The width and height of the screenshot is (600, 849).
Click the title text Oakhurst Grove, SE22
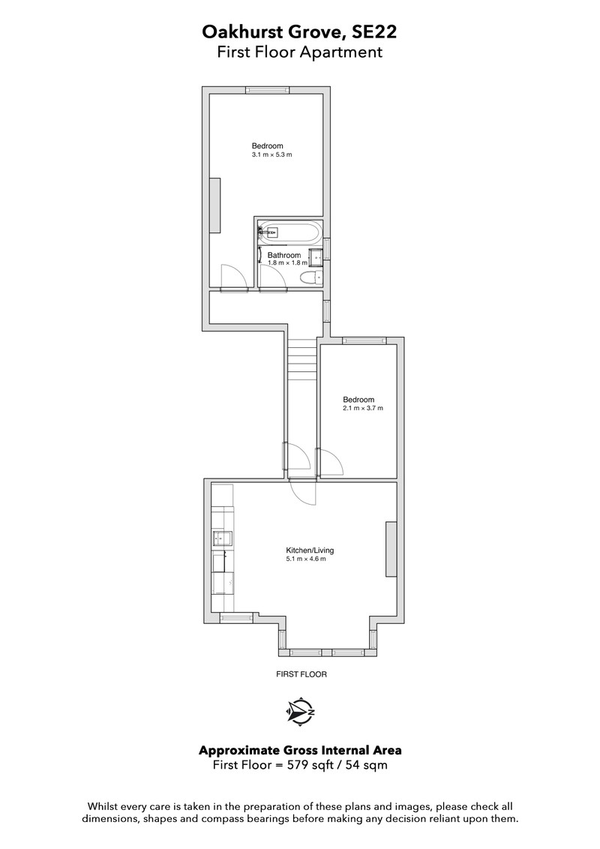[299, 32]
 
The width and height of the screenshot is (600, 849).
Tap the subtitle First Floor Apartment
[299, 52]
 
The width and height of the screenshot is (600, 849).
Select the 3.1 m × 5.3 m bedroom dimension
[271, 154]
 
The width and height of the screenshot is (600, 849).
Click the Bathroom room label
[284, 255]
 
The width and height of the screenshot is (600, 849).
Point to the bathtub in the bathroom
[290, 232]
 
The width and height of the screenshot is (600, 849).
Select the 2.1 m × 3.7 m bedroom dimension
[363, 408]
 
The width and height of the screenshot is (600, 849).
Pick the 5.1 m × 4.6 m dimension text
[306, 559]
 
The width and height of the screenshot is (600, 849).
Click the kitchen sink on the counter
[223, 538]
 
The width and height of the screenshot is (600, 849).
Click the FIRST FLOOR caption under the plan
[301, 675]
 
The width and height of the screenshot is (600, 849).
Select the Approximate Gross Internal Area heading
[300, 751]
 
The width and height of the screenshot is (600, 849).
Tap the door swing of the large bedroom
[234, 275]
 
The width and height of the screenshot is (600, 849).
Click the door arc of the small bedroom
[331, 462]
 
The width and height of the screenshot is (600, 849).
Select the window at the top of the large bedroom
[267, 90]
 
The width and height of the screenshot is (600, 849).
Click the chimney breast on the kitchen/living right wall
[391, 549]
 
